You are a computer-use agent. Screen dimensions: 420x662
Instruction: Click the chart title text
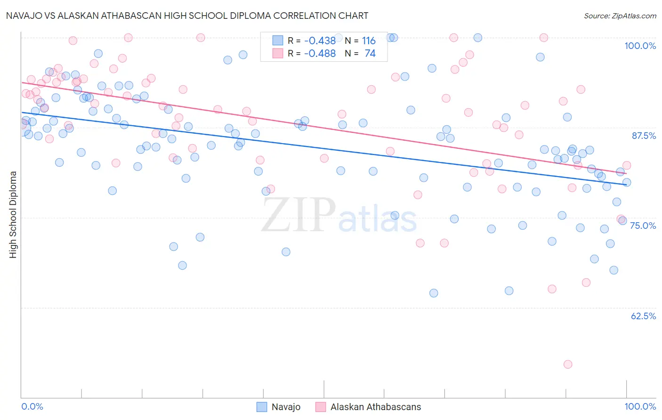tap(187, 16)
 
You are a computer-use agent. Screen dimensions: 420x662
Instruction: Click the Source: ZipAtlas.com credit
tap(620, 16)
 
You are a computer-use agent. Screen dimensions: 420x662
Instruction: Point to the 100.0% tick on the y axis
tap(640, 46)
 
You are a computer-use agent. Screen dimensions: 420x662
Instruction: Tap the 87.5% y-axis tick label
tap(644, 136)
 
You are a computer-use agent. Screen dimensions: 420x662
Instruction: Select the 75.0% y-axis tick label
tap(643, 226)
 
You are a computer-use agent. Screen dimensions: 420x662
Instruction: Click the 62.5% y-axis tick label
tap(643, 316)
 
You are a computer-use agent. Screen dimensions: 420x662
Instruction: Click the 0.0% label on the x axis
tap(32, 406)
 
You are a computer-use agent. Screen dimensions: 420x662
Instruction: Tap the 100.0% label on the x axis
tap(640, 406)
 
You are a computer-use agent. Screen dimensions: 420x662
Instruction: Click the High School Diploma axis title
tap(13, 214)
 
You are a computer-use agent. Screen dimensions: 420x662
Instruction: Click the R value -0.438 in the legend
tap(320, 41)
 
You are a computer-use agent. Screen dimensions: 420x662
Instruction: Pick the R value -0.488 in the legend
tap(320, 54)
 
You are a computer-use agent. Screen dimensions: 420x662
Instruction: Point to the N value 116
tap(369, 41)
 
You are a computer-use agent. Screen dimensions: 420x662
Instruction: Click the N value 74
tap(370, 54)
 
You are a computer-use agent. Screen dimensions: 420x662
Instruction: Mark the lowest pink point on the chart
tap(568, 364)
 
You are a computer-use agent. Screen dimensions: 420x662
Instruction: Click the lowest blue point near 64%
tap(434, 293)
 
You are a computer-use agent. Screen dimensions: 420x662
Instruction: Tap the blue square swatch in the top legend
tap(278, 41)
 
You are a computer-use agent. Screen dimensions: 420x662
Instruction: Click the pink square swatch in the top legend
tap(278, 53)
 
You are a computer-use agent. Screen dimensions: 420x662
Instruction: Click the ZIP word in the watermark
tap(299, 215)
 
